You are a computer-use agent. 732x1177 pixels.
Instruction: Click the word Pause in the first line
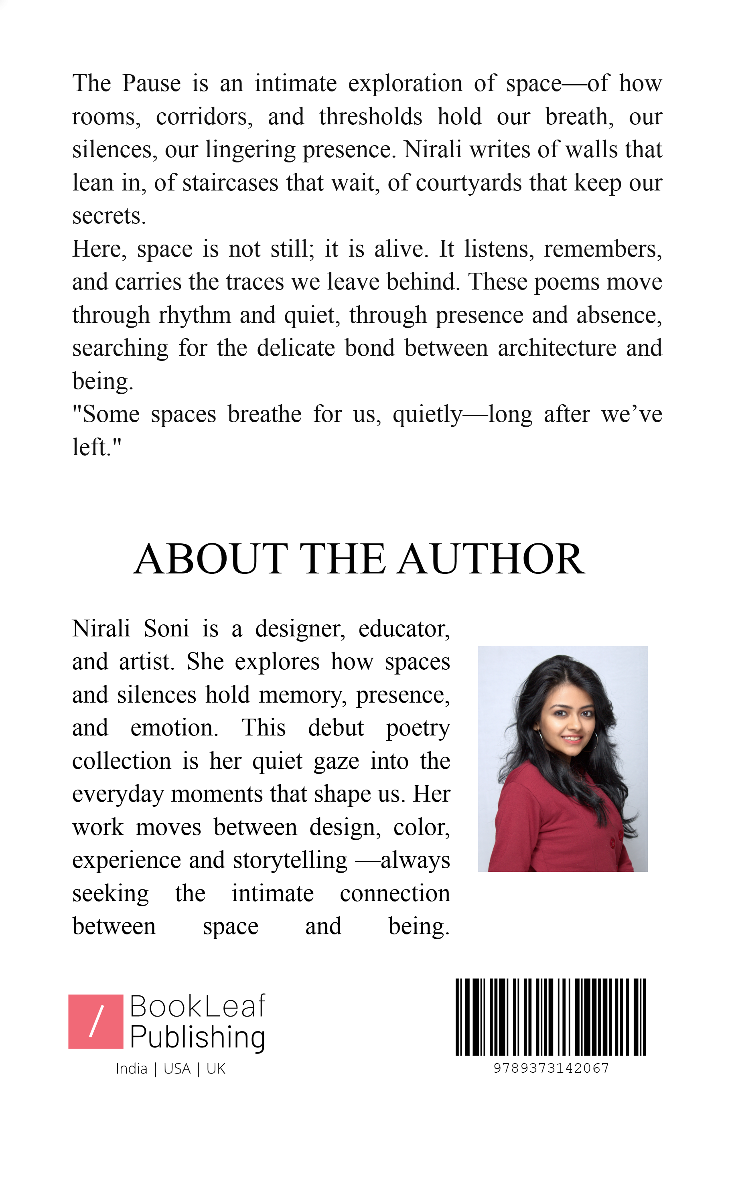coord(151,83)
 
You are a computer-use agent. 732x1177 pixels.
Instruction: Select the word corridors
coord(204,117)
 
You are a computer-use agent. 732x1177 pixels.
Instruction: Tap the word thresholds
coord(370,117)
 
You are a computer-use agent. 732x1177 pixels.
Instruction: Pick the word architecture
coord(557,348)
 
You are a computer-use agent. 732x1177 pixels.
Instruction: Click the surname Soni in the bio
coord(166,629)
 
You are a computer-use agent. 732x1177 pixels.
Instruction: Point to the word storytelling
coord(290,860)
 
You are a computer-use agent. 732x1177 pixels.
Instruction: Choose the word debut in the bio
coord(335,728)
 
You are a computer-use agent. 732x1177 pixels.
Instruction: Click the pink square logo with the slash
coord(96,1022)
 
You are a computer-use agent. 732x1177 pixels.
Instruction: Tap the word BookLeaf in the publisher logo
coord(197,1007)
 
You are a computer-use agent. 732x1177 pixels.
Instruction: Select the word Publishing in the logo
coord(197,1037)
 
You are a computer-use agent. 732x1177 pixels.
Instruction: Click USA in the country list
coord(177,1069)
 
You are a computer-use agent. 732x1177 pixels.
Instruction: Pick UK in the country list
coord(215,1069)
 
